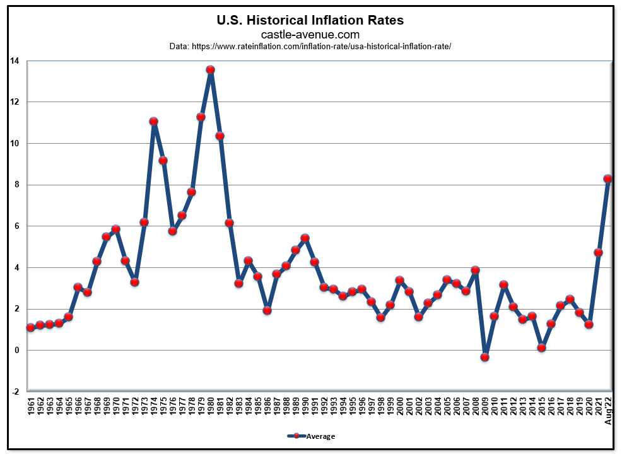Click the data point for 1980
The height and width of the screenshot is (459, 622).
click(x=210, y=70)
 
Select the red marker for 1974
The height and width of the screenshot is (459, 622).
click(x=153, y=121)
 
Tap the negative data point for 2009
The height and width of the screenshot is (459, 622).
click(x=484, y=357)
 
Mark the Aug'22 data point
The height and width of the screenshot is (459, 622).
click(x=607, y=178)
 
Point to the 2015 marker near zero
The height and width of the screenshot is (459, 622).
click(x=541, y=347)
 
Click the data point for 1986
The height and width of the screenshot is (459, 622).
click(x=267, y=310)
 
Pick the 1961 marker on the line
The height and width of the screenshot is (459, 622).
click(x=30, y=327)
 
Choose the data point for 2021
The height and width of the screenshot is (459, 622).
click(x=598, y=252)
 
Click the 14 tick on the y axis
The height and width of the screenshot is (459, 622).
click(x=14, y=61)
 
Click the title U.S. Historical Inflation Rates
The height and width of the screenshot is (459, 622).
click(x=310, y=20)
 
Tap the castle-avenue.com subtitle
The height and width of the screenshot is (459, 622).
click(x=310, y=35)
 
